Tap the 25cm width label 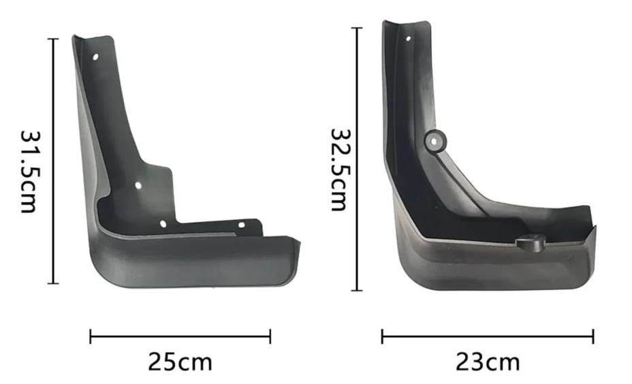[180, 362]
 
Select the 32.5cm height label [339, 170]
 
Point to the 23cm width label [488, 362]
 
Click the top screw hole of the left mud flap [95, 57]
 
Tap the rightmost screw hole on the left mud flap [242, 225]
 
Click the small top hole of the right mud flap [409, 39]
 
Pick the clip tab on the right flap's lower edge [531, 243]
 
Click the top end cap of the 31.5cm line [53, 39]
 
